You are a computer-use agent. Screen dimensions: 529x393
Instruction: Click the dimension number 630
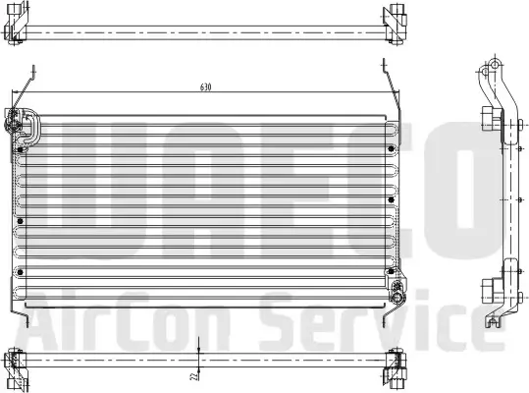coord(205,87)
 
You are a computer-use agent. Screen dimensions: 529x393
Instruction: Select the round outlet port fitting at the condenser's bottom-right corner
coord(396,297)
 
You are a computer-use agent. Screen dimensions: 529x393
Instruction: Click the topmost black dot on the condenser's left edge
coord(21,149)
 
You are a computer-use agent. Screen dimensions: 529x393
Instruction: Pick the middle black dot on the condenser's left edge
coord(20,221)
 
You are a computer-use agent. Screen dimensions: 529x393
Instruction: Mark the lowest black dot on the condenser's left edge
coord(21,272)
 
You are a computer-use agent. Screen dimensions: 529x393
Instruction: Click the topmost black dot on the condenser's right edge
coord(391,148)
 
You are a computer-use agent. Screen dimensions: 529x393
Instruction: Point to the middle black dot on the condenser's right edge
coord(391,199)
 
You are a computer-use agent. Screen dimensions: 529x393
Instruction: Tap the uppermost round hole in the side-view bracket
coord(495,64)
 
